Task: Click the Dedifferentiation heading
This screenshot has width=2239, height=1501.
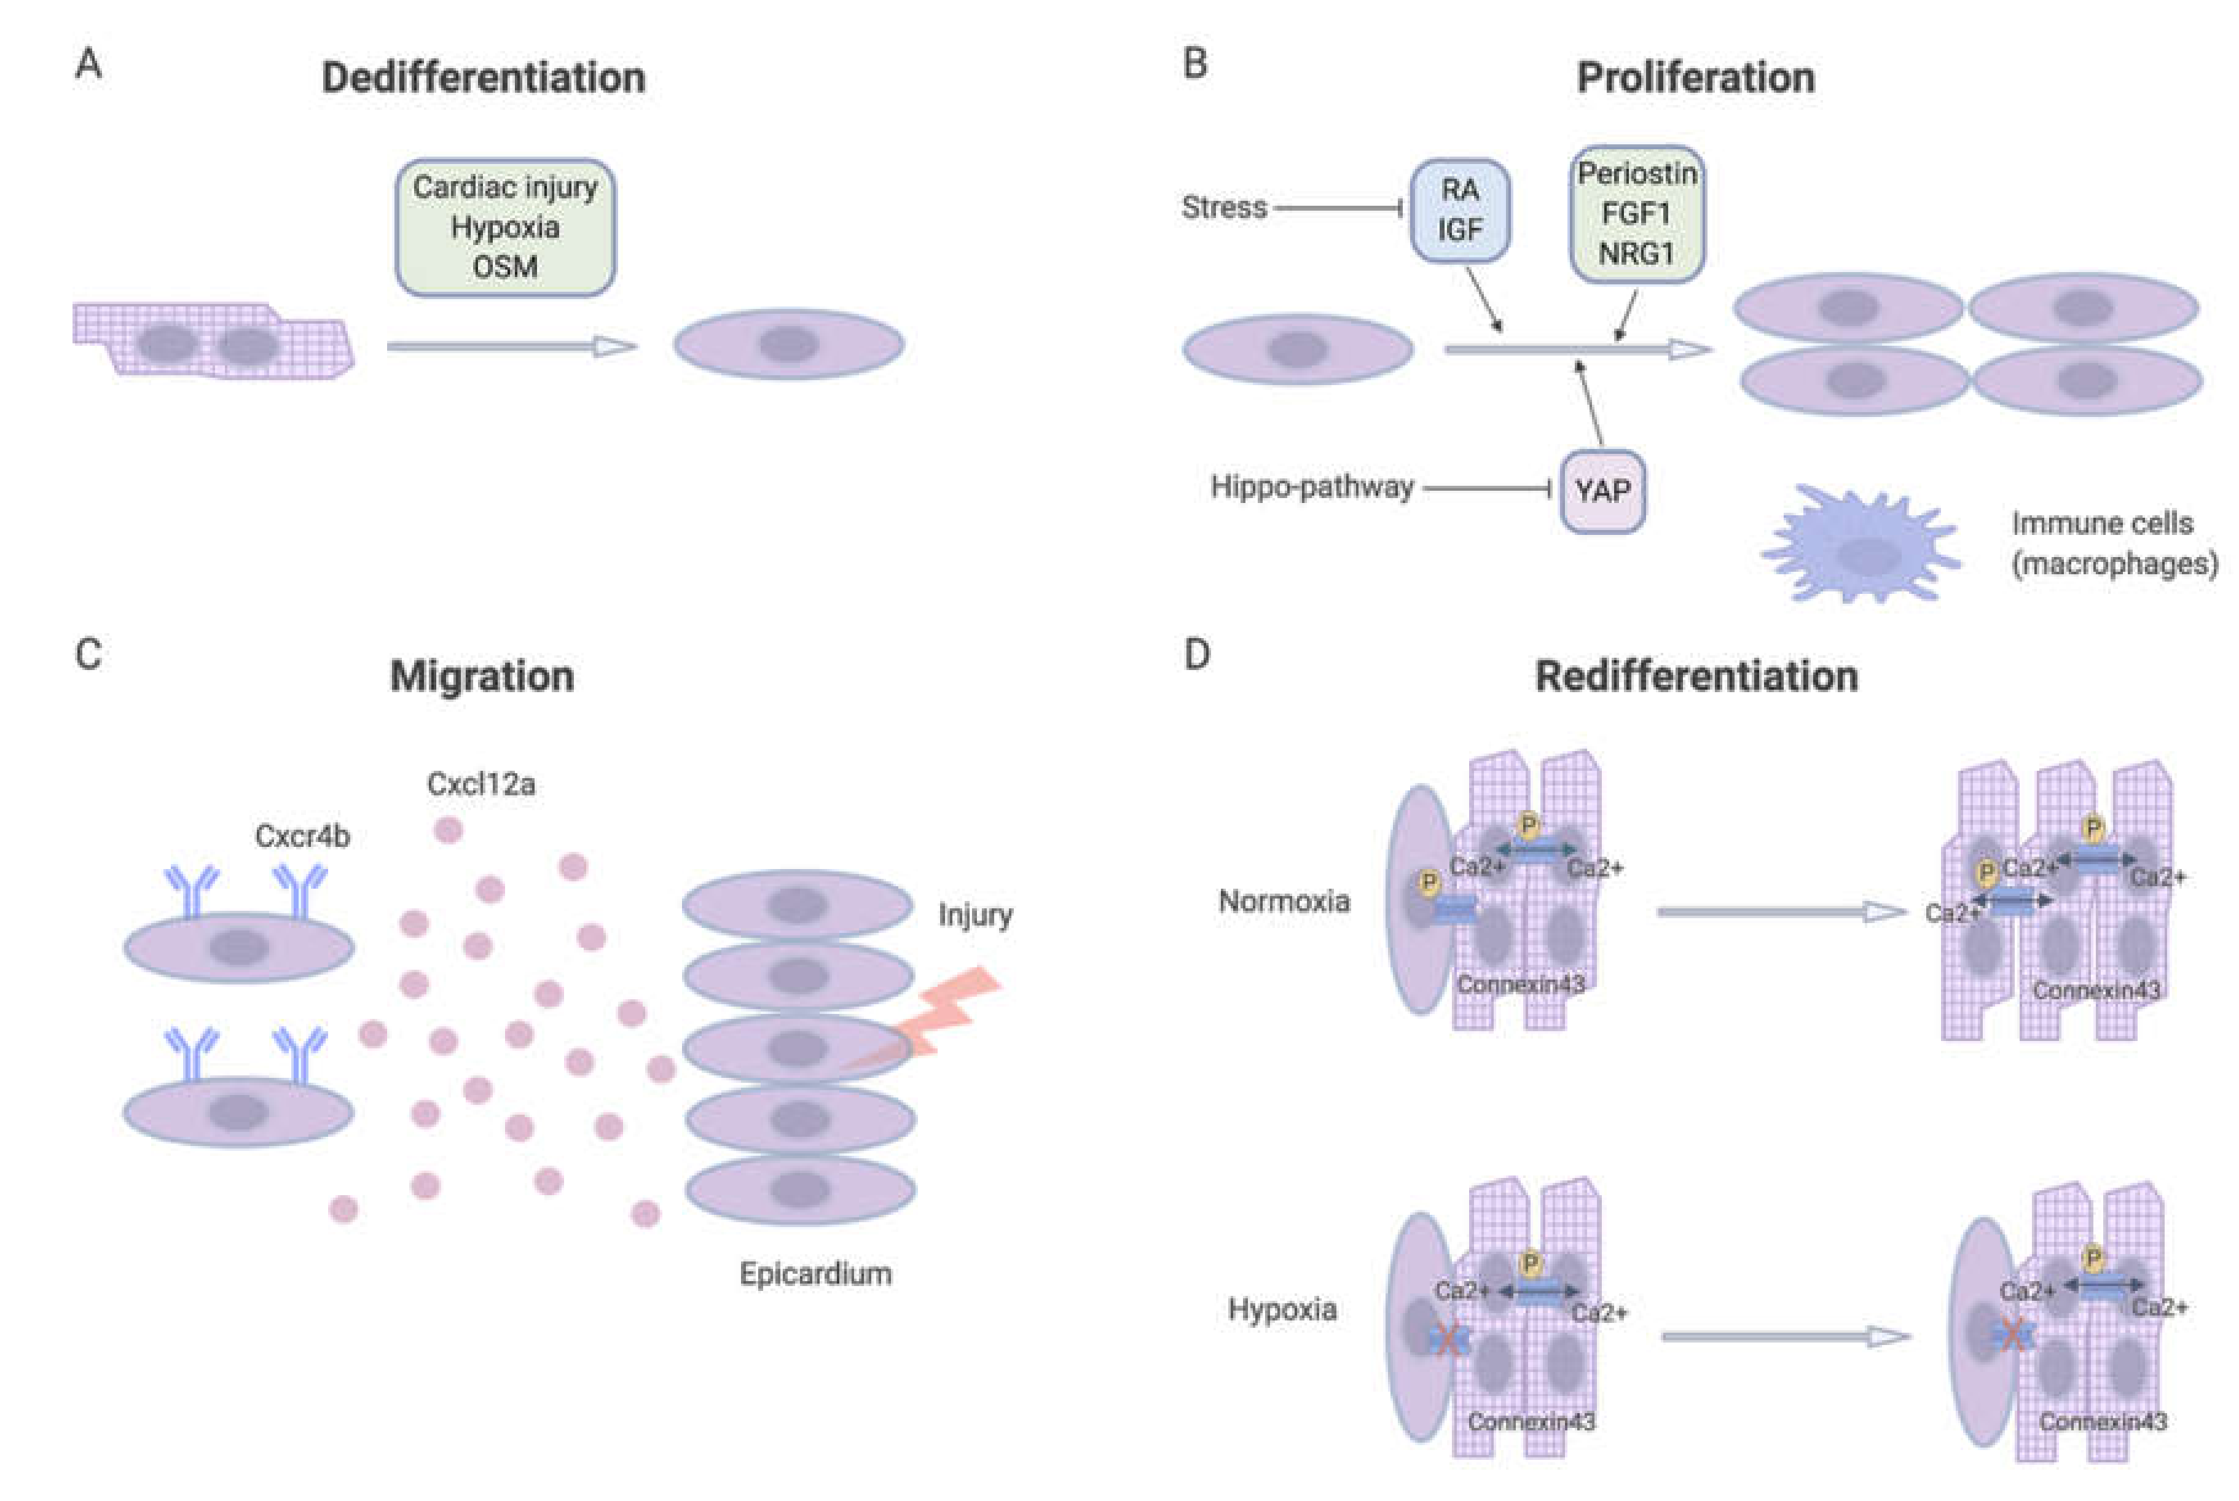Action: pos(483,77)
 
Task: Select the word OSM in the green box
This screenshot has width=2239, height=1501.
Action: pos(504,266)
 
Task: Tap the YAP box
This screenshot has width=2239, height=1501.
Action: pos(1602,490)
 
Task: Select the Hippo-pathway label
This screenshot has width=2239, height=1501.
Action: pos(1311,487)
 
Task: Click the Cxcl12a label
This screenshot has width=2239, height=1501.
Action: pos(480,784)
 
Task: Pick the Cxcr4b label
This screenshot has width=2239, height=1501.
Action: pos(302,836)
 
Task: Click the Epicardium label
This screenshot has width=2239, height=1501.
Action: pos(815,1273)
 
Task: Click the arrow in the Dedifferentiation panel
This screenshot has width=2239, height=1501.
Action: pos(511,346)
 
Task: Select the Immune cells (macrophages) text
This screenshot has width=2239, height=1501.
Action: pos(2114,543)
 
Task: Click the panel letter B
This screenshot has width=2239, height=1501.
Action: pos(1194,64)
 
